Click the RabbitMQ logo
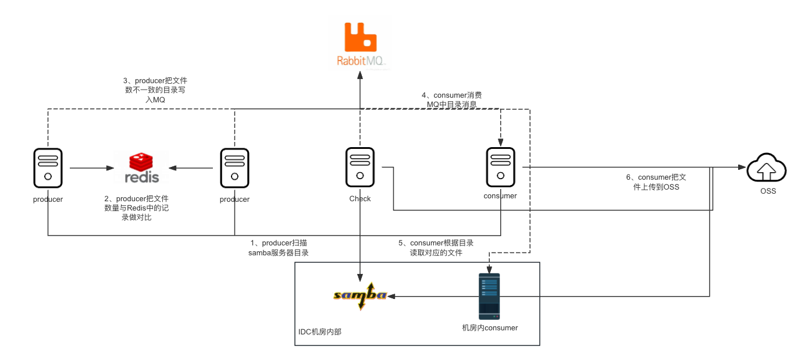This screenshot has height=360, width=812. [x=359, y=43]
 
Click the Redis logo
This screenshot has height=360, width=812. [x=141, y=167]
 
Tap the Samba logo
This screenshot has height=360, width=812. [x=360, y=295]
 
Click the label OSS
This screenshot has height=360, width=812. [x=768, y=191]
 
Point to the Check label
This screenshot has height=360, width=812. [x=360, y=199]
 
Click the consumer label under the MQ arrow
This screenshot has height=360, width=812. [x=500, y=196]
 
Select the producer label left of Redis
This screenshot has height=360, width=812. [x=48, y=199]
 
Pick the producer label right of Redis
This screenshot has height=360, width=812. [x=234, y=199]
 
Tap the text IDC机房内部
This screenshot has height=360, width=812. [x=320, y=332]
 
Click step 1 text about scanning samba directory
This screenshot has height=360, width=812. [x=279, y=248]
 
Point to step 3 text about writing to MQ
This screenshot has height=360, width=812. [x=156, y=90]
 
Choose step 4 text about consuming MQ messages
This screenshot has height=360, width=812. [x=452, y=99]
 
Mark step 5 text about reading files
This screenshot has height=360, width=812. [x=442, y=248]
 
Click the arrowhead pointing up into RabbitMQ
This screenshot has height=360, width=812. [x=360, y=76]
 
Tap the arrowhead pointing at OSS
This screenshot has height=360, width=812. [x=742, y=167]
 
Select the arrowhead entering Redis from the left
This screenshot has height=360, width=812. [x=109, y=169]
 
